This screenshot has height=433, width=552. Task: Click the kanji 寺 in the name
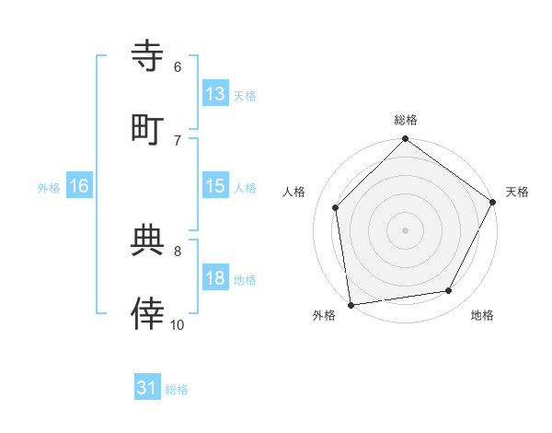[x=148, y=55]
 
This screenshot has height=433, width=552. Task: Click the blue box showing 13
[x=214, y=94]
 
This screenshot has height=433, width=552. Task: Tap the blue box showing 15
[x=214, y=186]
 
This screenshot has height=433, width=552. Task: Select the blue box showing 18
[x=214, y=278]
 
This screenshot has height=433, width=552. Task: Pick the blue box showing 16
[x=78, y=186]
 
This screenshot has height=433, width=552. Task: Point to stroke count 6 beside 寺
[x=178, y=66]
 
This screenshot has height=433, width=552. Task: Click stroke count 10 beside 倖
[x=178, y=324]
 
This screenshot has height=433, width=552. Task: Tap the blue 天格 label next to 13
[x=245, y=95]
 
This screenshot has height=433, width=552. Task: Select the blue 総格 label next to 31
[x=177, y=389]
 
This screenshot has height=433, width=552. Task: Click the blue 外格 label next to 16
[x=49, y=187]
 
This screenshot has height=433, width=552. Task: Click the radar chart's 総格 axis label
[x=406, y=121]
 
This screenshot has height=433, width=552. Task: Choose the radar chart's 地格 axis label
[x=482, y=315]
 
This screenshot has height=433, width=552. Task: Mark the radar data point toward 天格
[x=492, y=201]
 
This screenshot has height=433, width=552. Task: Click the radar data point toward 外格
[x=351, y=304]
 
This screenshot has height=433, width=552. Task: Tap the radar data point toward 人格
[x=336, y=207]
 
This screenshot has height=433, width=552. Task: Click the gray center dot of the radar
[x=405, y=229]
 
